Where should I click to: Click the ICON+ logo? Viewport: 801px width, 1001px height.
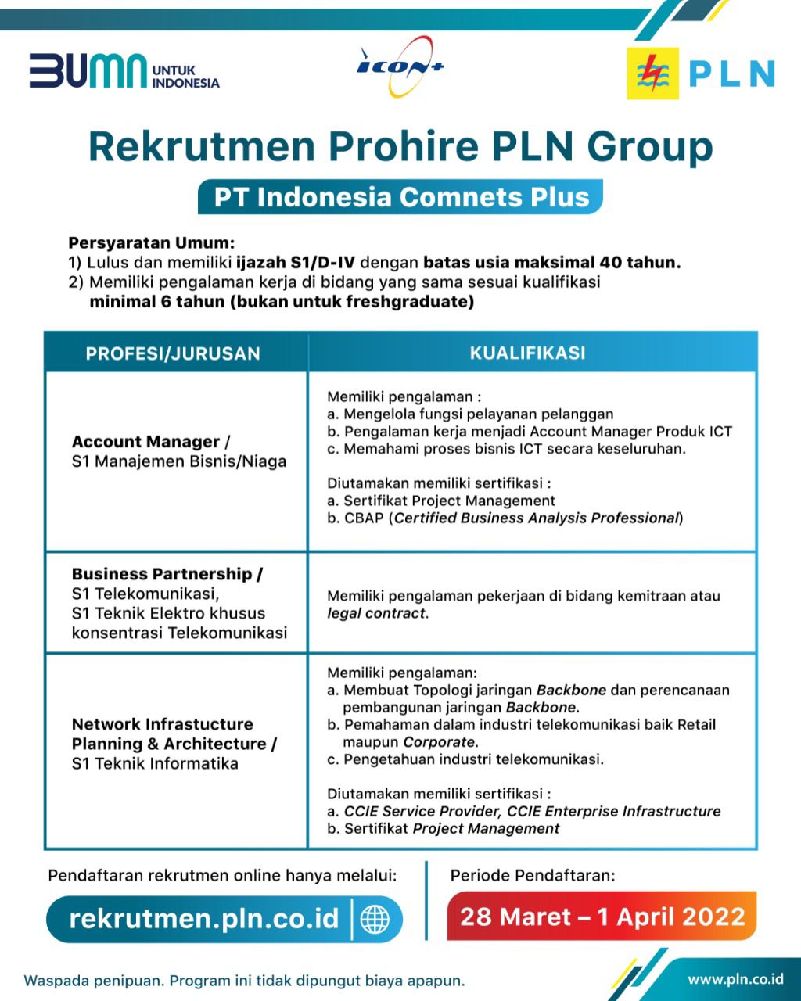[x=400, y=66]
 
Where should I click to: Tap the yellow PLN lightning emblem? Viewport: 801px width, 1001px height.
[x=652, y=74]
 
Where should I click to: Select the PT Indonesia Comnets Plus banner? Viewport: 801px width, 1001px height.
[x=400, y=196]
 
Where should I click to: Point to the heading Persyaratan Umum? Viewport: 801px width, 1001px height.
[x=152, y=242]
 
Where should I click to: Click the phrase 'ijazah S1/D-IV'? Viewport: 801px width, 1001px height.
[x=295, y=263]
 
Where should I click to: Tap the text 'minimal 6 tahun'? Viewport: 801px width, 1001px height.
[x=156, y=302]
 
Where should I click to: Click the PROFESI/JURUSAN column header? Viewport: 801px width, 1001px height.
[x=173, y=353]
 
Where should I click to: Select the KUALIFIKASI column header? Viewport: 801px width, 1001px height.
[x=527, y=353]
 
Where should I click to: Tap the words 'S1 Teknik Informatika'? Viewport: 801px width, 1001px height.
[x=155, y=763]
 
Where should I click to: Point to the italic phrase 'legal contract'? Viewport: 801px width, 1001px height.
[x=376, y=613]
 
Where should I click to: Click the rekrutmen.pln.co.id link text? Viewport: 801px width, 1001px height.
[x=203, y=918]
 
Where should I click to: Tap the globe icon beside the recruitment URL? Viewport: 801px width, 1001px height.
[x=375, y=919]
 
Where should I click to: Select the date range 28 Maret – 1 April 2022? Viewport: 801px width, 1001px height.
[x=602, y=917]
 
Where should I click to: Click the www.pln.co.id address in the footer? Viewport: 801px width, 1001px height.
[x=735, y=978]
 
